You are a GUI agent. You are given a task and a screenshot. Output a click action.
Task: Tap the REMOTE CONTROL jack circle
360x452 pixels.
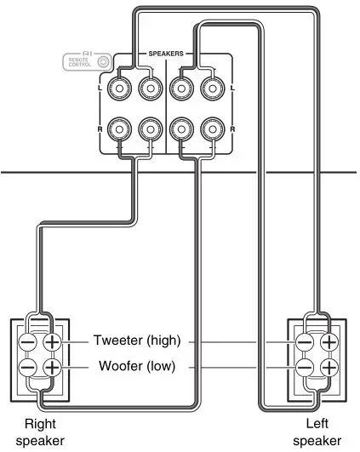point(103,61)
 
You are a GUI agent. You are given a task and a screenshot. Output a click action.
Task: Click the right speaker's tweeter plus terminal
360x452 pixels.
point(52,342)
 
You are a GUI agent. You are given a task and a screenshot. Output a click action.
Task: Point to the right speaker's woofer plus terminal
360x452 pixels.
point(52,369)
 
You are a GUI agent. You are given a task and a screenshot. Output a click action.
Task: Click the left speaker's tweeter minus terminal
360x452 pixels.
point(304,342)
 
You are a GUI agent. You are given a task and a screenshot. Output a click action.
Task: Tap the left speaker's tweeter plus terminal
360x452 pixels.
point(329,342)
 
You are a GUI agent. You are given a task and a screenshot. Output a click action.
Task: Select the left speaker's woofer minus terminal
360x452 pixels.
point(304,369)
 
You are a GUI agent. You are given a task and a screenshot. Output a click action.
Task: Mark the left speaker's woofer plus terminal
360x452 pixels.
point(329,369)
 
